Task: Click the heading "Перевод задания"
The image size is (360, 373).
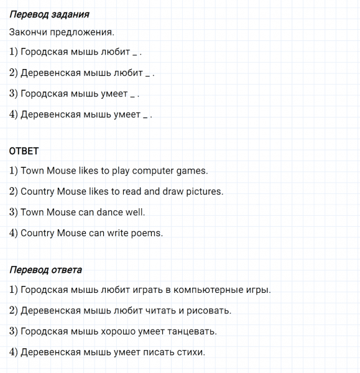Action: click(50, 14)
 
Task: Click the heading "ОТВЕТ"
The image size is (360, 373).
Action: click(24, 151)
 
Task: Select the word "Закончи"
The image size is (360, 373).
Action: click(28, 32)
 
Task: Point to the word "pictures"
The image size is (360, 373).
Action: click(201, 191)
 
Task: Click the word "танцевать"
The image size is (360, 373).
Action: click(188, 331)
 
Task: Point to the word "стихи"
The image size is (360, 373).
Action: click(190, 352)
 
